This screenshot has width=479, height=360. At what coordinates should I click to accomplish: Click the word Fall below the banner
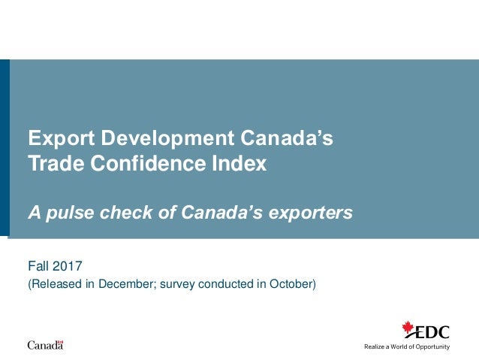point(38,265)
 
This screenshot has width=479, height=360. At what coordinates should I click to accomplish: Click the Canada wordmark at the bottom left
point(45,345)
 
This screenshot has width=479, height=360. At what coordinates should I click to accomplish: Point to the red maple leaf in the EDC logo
point(409,328)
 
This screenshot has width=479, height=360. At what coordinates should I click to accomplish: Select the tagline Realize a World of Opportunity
point(406,346)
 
